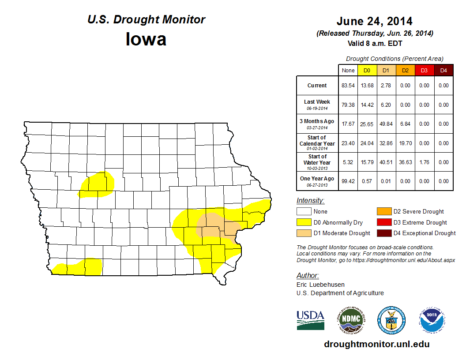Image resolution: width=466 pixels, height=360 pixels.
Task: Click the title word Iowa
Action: (x=146, y=39)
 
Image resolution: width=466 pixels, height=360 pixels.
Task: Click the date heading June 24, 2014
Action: (x=374, y=21)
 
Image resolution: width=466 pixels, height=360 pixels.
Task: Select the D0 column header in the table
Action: (x=367, y=71)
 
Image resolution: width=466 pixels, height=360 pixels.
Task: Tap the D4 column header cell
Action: (x=443, y=71)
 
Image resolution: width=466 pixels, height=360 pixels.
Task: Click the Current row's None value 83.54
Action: (x=348, y=86)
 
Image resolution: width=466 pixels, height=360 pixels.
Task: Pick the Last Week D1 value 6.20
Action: (x=386, y=105)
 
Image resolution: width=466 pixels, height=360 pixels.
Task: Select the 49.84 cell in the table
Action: (x=386, y=124)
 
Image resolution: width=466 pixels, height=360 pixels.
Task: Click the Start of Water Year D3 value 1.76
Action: (x=424, y=162)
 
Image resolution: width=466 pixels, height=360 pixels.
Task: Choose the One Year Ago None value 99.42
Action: (x=348, y=181)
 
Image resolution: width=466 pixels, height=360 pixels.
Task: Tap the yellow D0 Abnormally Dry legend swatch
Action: (x=304, y=222)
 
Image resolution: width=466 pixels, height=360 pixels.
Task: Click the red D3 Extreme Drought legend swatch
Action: (x=383, y=222)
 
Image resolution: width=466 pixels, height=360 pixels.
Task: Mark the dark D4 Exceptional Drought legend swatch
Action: (x=383, y=233)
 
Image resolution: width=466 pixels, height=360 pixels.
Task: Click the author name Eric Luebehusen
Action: (x=320, y=285)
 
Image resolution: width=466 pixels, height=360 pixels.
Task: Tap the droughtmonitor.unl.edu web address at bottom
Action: (x=376, y=344)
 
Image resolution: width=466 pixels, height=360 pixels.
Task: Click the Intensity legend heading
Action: (x=310, y=201)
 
